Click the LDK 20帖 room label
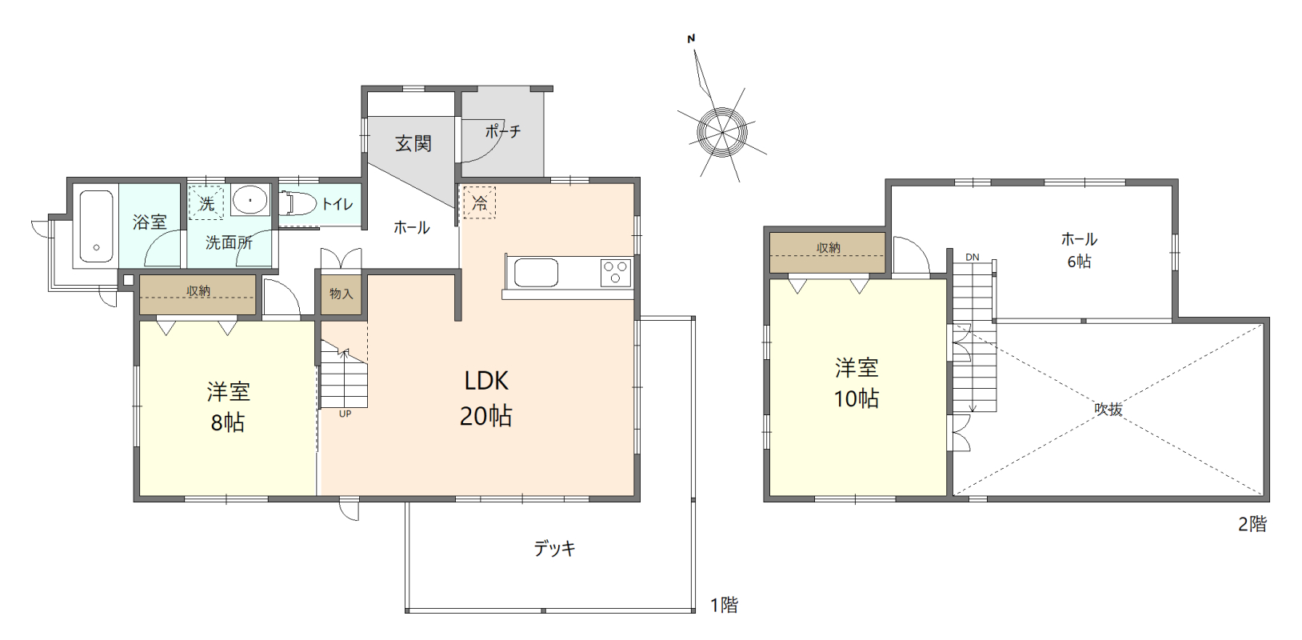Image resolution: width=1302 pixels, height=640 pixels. [x=486, y=398]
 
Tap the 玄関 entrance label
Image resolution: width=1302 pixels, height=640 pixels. [x=413, y=143]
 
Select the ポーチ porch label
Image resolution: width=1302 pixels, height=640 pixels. [x=503, y=131]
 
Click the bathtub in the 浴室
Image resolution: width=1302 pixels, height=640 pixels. [x=97, y=226]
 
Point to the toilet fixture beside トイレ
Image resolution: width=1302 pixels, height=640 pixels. [x=297, y=204]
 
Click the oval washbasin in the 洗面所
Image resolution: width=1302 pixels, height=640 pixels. [x=250, y=200]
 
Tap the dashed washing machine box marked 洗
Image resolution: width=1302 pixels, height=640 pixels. [x=206, y=202]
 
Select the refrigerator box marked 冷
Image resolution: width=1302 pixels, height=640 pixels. [x=480, y=202]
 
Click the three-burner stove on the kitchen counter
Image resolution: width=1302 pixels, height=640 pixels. [x=616, y=273]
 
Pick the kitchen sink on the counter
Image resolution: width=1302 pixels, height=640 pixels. [x=536, y=273]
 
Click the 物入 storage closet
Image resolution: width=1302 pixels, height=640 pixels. [x=341, y=294]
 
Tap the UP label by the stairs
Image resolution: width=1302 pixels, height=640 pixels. [x=345, y=414]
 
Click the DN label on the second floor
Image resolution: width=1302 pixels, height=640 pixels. [x=973, y=257]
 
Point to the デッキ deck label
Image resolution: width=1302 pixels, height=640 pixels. [x=554, y=548]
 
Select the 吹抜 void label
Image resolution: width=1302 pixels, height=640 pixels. [x=1108, y=410]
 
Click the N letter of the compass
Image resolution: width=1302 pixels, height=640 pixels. [x=691, y=39]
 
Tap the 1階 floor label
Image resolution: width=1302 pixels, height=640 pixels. [x=725, y=605]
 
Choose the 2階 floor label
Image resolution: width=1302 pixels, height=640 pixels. [x=1252, y=524]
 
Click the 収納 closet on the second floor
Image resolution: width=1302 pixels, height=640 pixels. [x=828, y=253]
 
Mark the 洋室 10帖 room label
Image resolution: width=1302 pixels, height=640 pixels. [x=857, y=383]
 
